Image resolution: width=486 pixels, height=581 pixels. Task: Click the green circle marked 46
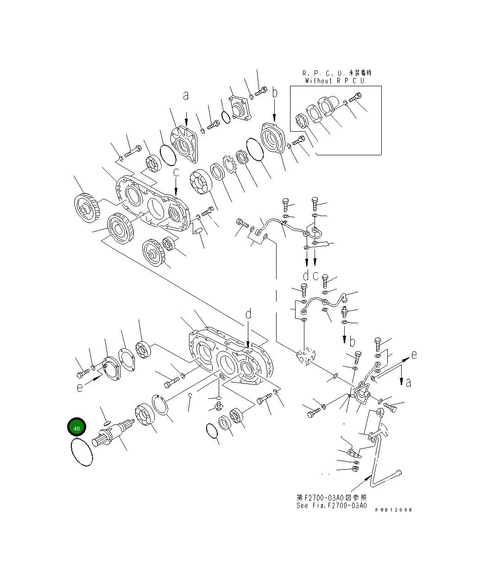tap(77, 428)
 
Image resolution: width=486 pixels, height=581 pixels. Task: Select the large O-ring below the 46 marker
tap(82, 453)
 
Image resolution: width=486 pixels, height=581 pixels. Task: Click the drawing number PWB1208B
tap(393, 510)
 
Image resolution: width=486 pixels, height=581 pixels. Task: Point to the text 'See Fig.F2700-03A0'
tap(331, 505)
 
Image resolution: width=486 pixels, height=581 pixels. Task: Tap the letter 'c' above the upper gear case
tap(176, 172)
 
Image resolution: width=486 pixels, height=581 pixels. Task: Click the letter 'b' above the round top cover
tap(274, 93)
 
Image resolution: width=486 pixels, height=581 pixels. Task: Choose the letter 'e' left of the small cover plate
tap(80, 387)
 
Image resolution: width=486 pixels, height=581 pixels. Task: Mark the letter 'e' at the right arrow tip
tap(414, 355)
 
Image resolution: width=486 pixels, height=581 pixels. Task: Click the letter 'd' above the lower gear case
tap(248, 314)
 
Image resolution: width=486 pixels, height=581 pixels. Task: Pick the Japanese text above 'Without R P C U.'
tap(337, 73)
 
